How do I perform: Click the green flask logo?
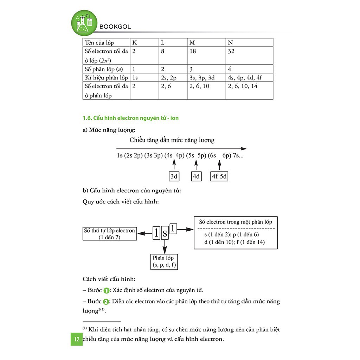pos(84,23)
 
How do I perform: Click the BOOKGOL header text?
pos(115,27)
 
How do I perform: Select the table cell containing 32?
pos(231,51)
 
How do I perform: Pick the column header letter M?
pos(192,43)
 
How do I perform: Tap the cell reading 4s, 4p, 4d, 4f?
pos(245,78)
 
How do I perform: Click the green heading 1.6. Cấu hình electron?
pos(130,118)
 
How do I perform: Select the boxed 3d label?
pos(174,176)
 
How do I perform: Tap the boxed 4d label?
pos(196,176)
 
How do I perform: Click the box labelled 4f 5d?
pos(219,176)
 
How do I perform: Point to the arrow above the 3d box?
pos(174,165)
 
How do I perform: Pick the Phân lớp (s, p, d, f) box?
pos(163,261)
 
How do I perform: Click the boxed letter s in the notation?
pos(165,233)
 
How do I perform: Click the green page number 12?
pos(76,340)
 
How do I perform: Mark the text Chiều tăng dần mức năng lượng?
pos(172,140)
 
